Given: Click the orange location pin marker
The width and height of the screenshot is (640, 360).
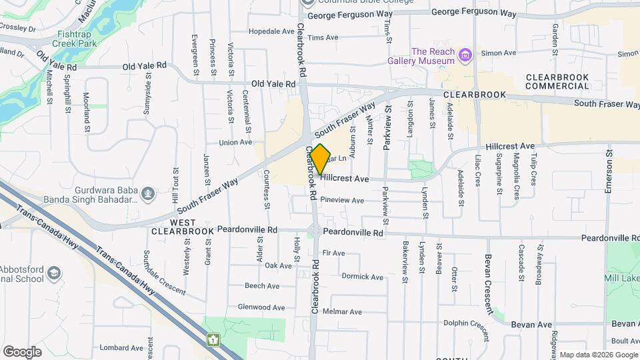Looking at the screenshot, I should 321,159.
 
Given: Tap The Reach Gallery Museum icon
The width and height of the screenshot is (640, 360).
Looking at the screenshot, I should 465,53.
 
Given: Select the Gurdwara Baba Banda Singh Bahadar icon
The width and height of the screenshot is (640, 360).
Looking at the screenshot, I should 147,194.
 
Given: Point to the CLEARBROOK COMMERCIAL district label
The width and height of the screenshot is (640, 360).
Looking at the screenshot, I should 557,81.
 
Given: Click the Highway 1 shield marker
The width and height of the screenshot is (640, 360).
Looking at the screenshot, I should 213,340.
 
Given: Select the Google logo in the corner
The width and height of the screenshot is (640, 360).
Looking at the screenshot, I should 22,351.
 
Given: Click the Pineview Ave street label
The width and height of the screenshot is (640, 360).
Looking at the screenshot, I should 342,200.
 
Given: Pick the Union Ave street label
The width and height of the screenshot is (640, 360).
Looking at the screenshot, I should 236,142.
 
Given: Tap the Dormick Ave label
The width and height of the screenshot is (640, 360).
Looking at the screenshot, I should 362,277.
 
